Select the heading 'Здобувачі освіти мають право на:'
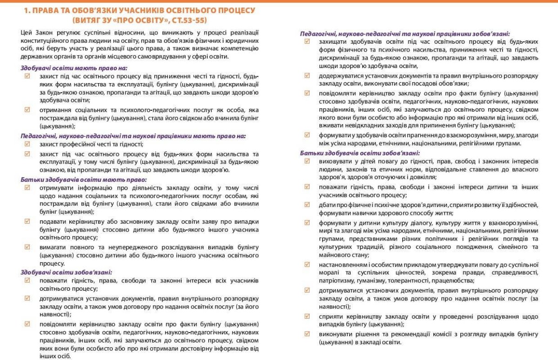74,68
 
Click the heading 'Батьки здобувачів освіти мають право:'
84,179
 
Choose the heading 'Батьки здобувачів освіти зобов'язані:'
360,153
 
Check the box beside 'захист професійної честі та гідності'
27,144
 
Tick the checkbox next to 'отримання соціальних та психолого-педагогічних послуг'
27,110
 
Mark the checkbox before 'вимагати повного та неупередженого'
27,247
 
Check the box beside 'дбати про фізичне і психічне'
306,204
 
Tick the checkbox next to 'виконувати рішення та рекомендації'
306,333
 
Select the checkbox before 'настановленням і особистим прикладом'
306,264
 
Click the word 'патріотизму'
336,281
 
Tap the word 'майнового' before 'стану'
336,255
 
